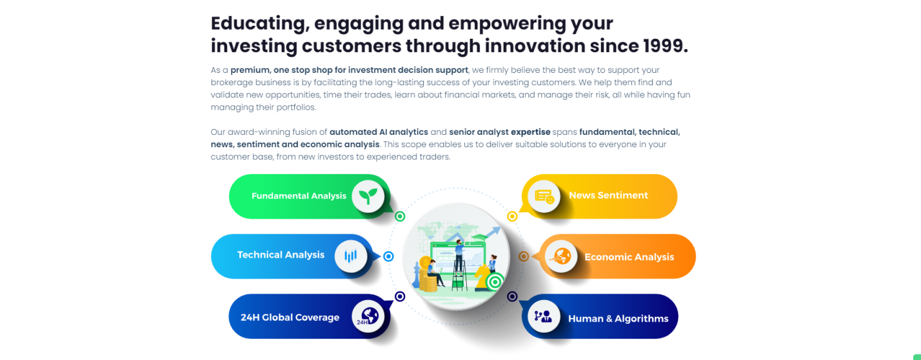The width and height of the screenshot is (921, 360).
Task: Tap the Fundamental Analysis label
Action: coord(299,196)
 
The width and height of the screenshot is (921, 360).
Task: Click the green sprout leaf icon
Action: coord(368,197)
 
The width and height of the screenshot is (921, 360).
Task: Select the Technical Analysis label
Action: coord(281,255)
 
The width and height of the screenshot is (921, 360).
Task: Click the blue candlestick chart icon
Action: coord(350,256)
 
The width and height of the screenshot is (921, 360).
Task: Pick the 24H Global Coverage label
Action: coord(290,317)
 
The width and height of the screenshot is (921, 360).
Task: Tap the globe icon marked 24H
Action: coord(368,316)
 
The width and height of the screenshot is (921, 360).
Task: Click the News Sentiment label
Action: coord(609,195)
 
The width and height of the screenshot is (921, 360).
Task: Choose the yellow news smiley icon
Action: coord(544,197)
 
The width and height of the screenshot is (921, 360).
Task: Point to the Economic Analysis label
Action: coord(629,257)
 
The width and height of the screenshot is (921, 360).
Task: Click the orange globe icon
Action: coord(561,256)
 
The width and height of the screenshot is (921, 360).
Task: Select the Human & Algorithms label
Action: coord(619,319)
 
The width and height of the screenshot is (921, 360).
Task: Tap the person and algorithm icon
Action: coord(543,316)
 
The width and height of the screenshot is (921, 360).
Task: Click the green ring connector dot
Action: coord(400,216)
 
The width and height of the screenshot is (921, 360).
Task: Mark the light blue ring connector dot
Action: coord(388,256)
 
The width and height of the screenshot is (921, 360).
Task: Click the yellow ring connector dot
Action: coord(512,216)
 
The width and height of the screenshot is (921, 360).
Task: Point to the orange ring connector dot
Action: coord(524,256)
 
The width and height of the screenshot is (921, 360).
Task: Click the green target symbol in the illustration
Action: coord(495,282)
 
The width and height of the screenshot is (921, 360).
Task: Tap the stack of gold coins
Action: coord(428,275)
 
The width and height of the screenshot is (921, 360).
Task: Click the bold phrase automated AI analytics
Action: coord(379,132)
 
